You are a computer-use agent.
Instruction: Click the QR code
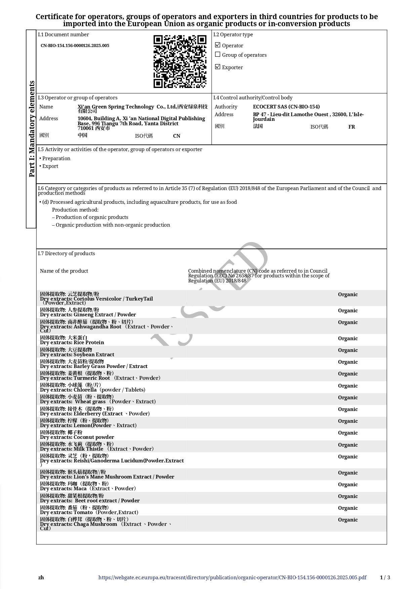click(180, 61)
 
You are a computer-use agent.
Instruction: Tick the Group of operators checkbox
click(218, 54)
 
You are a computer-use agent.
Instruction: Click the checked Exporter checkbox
click(218, 67)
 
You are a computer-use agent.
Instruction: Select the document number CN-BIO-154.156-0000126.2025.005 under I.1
click(75, 46)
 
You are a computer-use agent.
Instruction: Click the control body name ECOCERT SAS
click(286, 107)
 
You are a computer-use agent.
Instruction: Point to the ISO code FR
click(351, 127)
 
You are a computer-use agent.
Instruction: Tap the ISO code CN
click(176, 136)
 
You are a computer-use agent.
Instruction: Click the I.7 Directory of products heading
click(67, 254)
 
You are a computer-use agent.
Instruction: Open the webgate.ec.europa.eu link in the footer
click(232, 578)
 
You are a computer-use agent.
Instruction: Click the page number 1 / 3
click(385, 578)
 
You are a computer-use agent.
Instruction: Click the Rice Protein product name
click(89, 343)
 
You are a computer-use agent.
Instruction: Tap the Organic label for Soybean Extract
click(348, 350)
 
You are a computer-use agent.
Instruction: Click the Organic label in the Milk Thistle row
click(348, 445)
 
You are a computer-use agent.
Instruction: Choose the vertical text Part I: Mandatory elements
click(32, 129)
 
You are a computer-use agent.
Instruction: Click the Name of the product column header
click(64, 271)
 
